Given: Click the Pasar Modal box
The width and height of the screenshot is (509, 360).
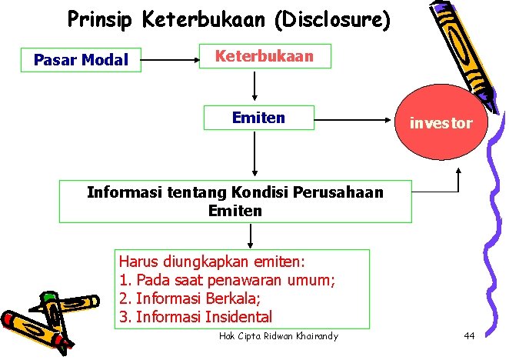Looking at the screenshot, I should coord(81,60).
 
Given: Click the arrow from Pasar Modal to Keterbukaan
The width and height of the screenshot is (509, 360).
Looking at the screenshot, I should coord(171,57).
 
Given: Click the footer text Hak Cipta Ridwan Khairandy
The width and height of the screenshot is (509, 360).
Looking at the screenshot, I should coord(278,337).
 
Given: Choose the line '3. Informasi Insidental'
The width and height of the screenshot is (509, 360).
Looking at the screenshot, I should coord(196,316).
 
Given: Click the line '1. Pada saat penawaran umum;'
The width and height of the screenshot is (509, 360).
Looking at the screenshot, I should coord(228,280).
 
